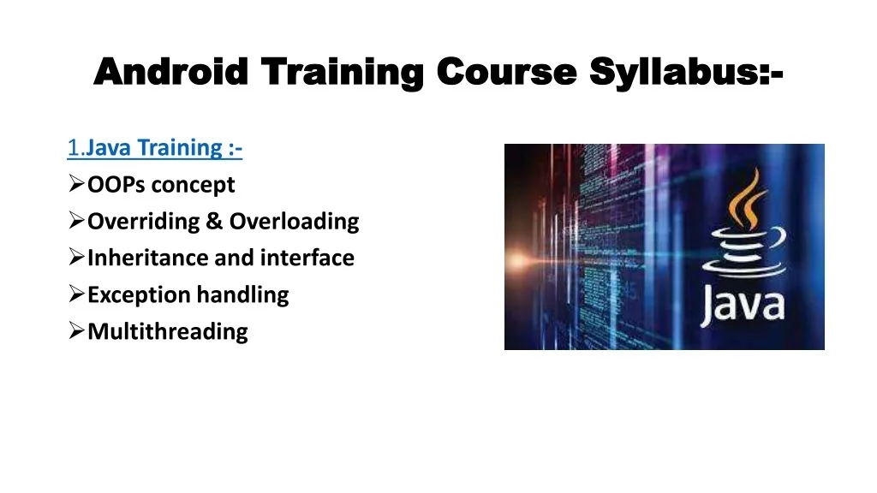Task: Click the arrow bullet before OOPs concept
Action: tap(75, 185)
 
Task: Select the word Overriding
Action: tap(143, 222)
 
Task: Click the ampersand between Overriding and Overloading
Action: tap(213, 222)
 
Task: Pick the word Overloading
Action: tap(294, 222)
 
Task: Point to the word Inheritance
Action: tap(141, 258)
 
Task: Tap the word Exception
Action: tap(140, 295)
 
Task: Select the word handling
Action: tap(243, 295)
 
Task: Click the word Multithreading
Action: tap(168, 332)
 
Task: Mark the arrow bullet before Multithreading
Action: tap(75, 332)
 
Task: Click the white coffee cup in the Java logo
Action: tap(742, 252)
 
